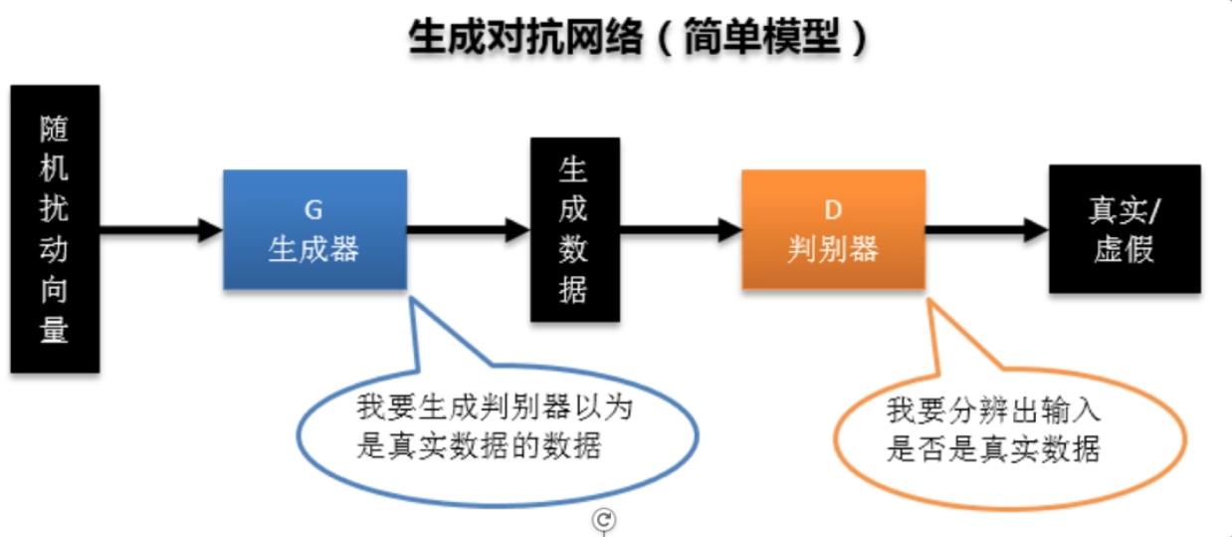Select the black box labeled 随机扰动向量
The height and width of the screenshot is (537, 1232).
tap(55, 228)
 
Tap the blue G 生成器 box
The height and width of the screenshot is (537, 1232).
tap(315, 229)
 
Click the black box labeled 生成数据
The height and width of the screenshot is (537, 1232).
tap(575, 229)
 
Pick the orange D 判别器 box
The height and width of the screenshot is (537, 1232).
tap(833, 229)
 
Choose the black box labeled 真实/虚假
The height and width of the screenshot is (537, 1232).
tap(1125, 228)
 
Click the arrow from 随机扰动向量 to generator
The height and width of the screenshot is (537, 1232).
tap(161, 230)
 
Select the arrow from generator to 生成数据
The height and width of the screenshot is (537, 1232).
tap(469, 230)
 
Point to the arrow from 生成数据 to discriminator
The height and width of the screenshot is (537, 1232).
tap(681, 230)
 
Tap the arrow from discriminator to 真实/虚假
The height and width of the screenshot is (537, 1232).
tap(987, 230)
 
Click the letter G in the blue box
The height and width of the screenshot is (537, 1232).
tap(313, 210)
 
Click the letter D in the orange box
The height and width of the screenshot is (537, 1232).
tap(833, 210)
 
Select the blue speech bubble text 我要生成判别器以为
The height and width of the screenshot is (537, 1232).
tap(495, 408)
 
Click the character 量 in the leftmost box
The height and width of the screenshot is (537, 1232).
tap(54, 330)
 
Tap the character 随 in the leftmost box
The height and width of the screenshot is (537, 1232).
tap(54, 129)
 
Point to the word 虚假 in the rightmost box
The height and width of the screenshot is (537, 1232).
tap(1124, 249)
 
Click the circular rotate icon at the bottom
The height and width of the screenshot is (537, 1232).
tap(603, 519)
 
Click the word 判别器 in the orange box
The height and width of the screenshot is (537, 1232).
tap(833, 249)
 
